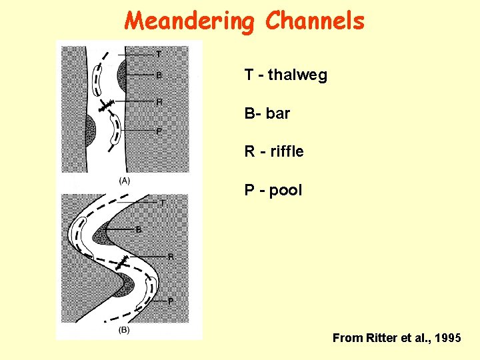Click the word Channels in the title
tap(315, 21)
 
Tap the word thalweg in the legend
tap(297, 75)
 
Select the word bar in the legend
tap(278, 114)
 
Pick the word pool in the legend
tap(286, 191)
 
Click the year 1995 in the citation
tap(446, 339)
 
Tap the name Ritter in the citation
tap(382, 339)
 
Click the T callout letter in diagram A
tap(159, 54)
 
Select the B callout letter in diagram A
tap(159, 75)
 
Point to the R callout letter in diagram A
tap(159, 101)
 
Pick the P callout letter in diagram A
tap(159, 131)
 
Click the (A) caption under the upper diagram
tap(124, 181)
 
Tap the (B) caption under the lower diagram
tap(124, 330)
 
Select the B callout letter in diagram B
tap(139, 229)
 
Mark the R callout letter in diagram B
tap(171, 256)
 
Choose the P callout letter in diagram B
tap(171, 301)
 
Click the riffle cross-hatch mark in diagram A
tap(105, 105)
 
